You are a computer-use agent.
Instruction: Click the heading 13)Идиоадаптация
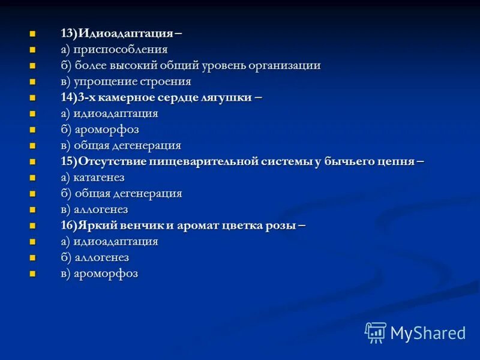point(118,34)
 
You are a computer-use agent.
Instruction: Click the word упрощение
point(110,82)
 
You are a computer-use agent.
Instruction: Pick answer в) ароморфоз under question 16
point(99,274)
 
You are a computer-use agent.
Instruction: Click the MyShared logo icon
point(376,332)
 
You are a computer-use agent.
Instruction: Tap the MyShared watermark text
point(428,333)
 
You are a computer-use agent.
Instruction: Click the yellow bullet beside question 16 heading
point(33,226)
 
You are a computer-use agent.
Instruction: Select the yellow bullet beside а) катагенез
point(33,178)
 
